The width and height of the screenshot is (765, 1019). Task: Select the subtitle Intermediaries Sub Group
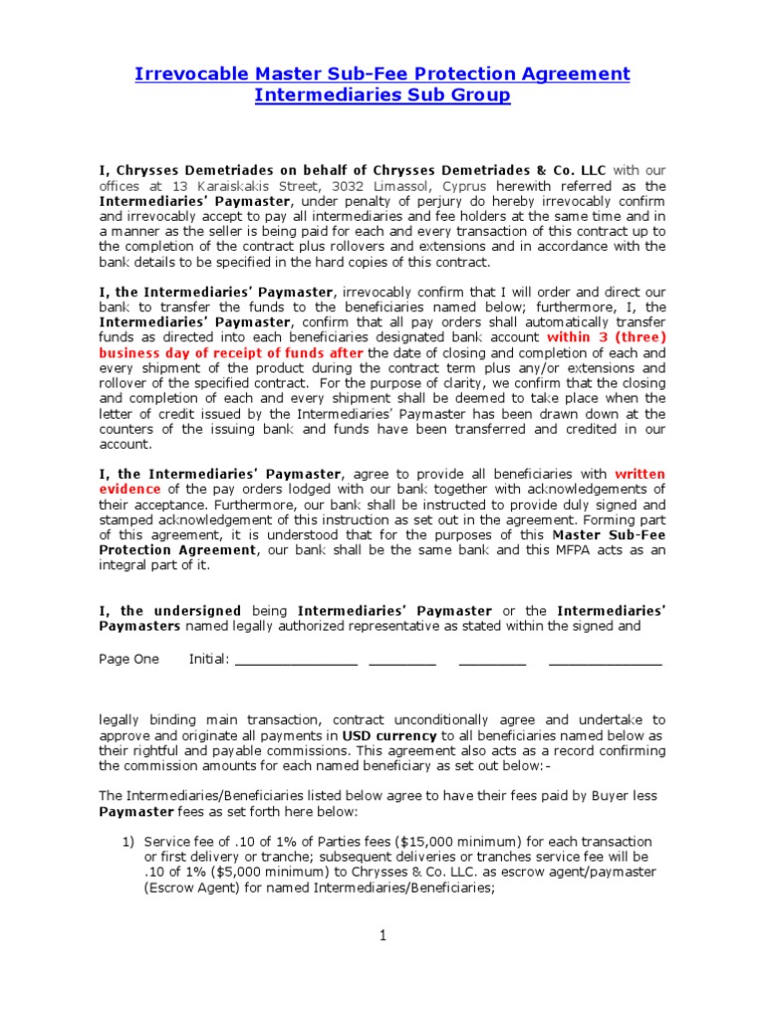tap(382, 96)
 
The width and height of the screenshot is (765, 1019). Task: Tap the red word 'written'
tap(639, 475)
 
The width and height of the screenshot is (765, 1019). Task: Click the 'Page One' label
tap(128, 659)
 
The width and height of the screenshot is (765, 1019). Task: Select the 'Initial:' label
tap(209, 659)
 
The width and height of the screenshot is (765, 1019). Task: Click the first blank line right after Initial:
tap(296, 661)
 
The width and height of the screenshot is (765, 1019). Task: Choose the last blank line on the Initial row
tap(604, 661)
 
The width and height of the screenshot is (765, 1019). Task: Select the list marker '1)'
tap(128, 842)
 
